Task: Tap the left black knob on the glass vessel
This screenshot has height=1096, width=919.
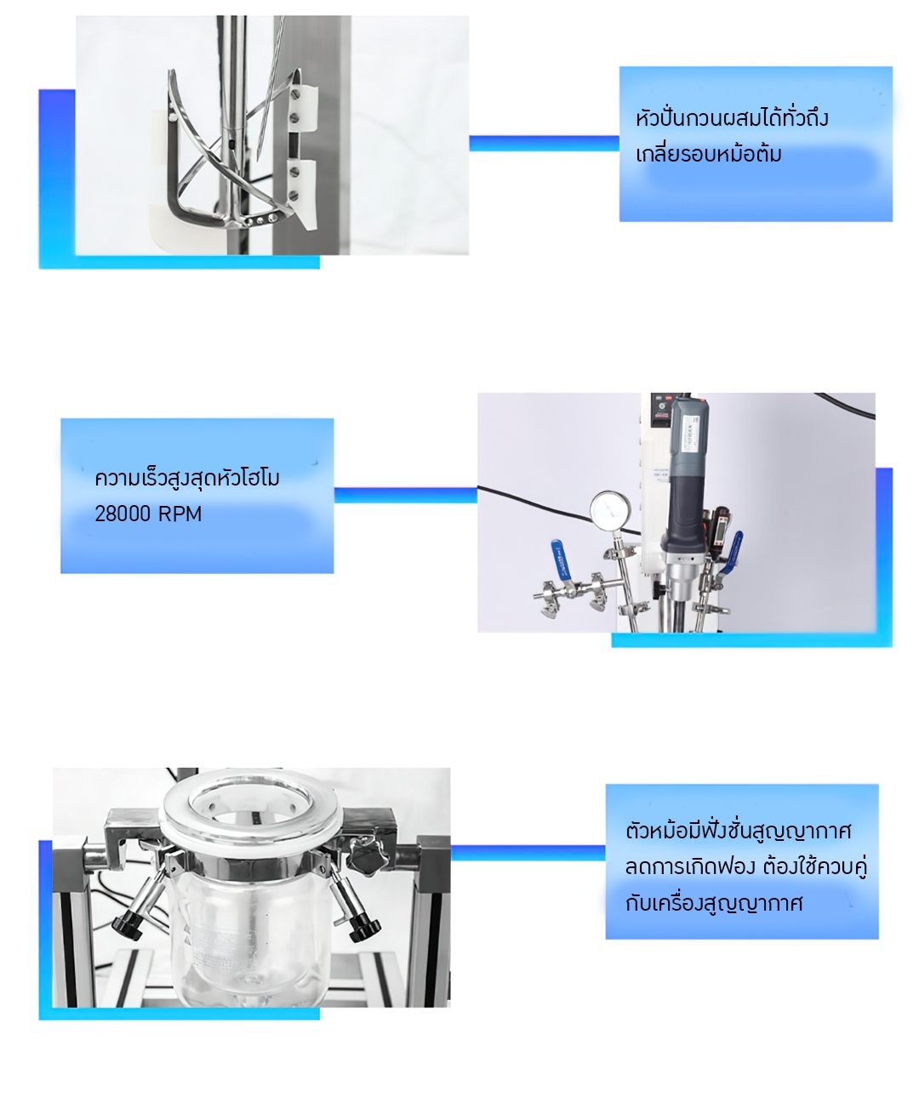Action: (x=126, y=925)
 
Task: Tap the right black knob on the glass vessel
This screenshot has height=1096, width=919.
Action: (x=364, y=928)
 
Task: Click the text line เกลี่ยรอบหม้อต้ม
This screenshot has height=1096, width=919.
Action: (x=708, y=155)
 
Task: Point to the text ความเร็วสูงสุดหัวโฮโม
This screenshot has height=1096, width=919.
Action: (x=187, y=478)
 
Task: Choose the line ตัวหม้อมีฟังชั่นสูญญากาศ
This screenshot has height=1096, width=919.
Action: (x=738, y=830)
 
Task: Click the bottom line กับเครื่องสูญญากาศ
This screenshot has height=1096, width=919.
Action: (x=713, y=903)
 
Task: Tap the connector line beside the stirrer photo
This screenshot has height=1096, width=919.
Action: (x=544, y=144)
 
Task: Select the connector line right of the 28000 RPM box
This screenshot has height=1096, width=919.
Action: (x=405, y=495)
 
